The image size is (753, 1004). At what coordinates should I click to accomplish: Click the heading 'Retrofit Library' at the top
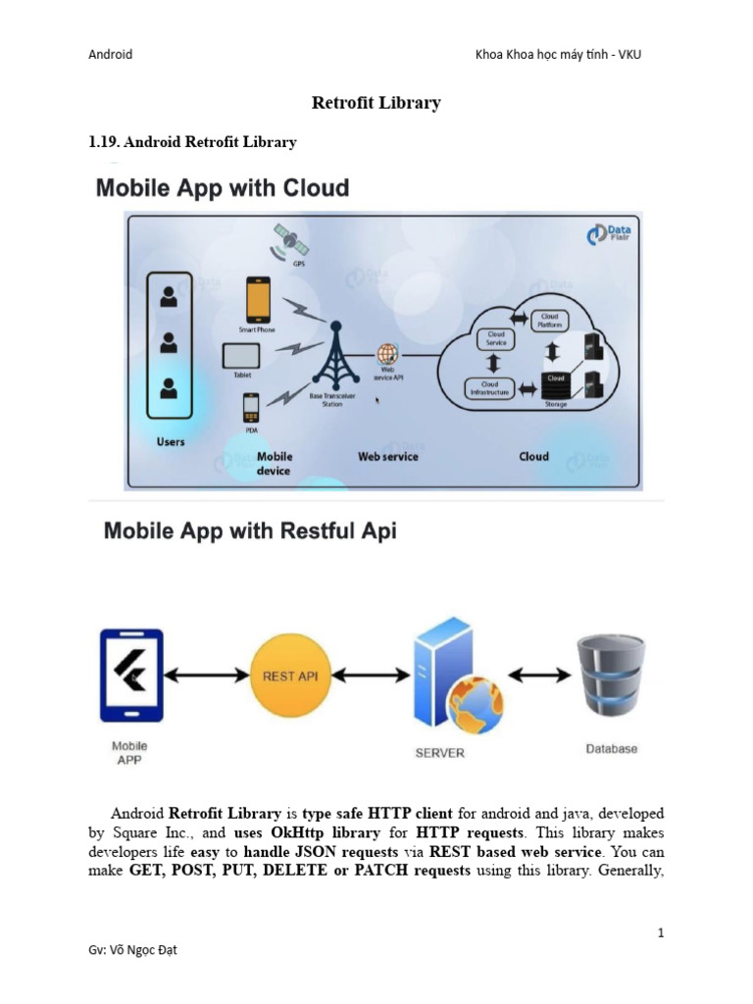(x=376, y=103)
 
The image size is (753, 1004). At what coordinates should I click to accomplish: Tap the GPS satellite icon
(x=290, y=239)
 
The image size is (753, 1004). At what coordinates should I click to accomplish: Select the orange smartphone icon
(x=259, y=298)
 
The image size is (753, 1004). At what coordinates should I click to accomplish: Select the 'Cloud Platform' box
(x=550, y=319)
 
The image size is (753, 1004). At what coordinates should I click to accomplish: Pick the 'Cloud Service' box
(x=496, y=338)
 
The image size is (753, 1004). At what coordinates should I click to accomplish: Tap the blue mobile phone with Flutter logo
(x=131, y=676)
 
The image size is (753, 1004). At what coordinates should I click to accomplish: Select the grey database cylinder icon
(x=611, y=676)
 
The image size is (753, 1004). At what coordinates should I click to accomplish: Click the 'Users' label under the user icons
(x=171, y=442)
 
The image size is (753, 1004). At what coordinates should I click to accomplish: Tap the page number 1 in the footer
(x=661, y=932)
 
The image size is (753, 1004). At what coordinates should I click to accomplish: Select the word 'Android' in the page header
(x=110, y=54)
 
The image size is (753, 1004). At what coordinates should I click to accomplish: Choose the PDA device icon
(x=251, y=405)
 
